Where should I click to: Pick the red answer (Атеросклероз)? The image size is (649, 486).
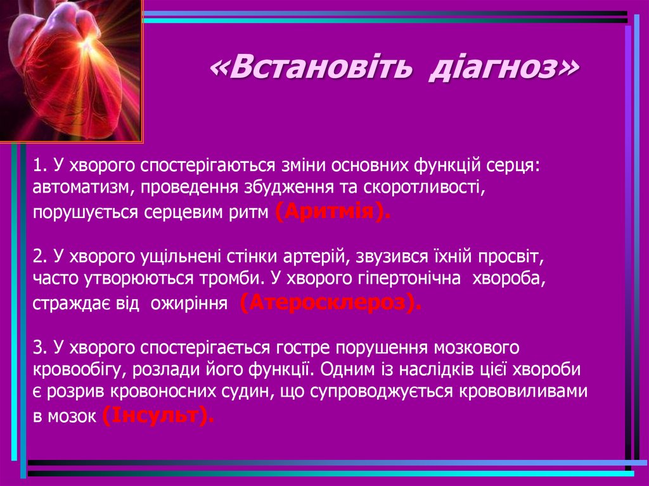330,304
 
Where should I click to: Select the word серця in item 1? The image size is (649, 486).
515,165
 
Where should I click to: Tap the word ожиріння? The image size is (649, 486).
188,304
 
